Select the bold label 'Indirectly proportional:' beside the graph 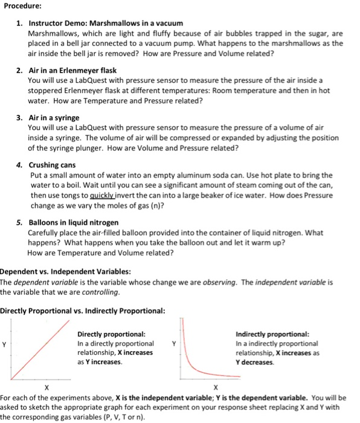[x=272, y=334]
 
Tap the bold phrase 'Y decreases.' [x=255, y=362]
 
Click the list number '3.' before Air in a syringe [x=20, y=117]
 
